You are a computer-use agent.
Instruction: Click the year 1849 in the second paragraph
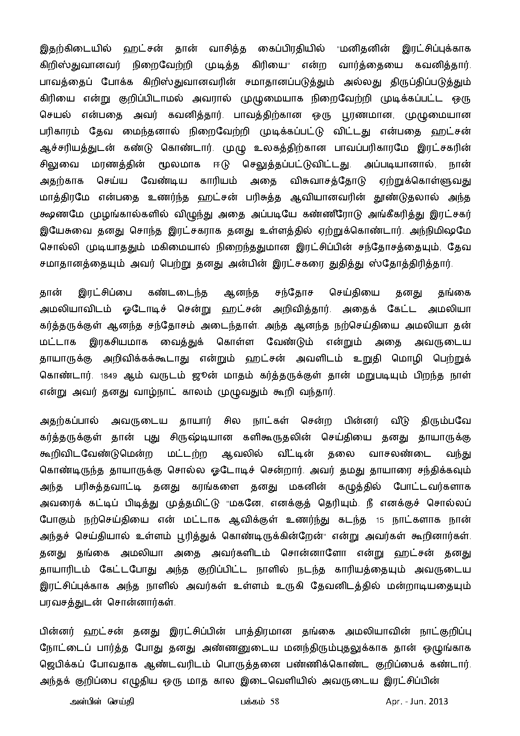tap(109, 375)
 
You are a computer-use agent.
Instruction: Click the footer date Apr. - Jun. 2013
tap(417, 702)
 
